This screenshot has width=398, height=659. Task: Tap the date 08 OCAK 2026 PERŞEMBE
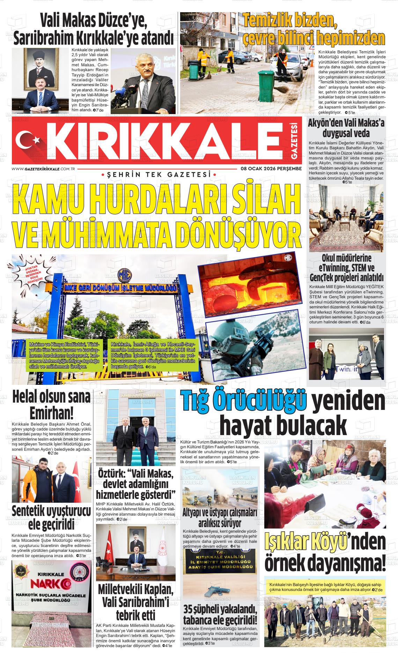(271, 169)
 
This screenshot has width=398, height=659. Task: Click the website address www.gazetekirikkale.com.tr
(44, 169)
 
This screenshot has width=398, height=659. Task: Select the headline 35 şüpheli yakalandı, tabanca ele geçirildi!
(220, 615)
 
